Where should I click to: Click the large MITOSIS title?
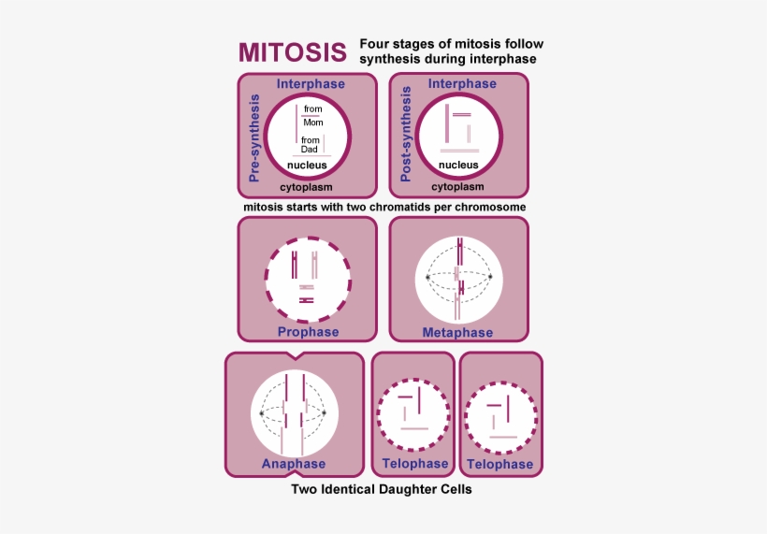tap(292, 51)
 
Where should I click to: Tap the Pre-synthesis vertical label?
tap(253, 136)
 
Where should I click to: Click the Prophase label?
tap(308, 332)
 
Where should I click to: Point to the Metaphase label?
tap(457, 332)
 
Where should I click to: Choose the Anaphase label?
tap(294, 464)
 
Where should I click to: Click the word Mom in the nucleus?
tap(313, 123)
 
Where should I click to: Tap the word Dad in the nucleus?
tap(310, 150)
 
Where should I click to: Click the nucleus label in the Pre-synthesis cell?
tap(307, 166)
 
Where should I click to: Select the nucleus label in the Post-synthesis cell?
tap(458, 166)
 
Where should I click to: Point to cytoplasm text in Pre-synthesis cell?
tap(307, 188)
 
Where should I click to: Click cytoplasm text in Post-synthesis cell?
tap(457, 188)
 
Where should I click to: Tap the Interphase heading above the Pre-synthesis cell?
tap(311, 84)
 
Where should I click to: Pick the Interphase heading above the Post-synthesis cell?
tap(462, 84)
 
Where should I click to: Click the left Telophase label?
tap(415, 464)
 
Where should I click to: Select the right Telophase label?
tap(499, 465)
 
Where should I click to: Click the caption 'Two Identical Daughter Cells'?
tap(382, 489)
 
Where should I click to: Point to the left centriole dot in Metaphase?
tap(427, 278)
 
